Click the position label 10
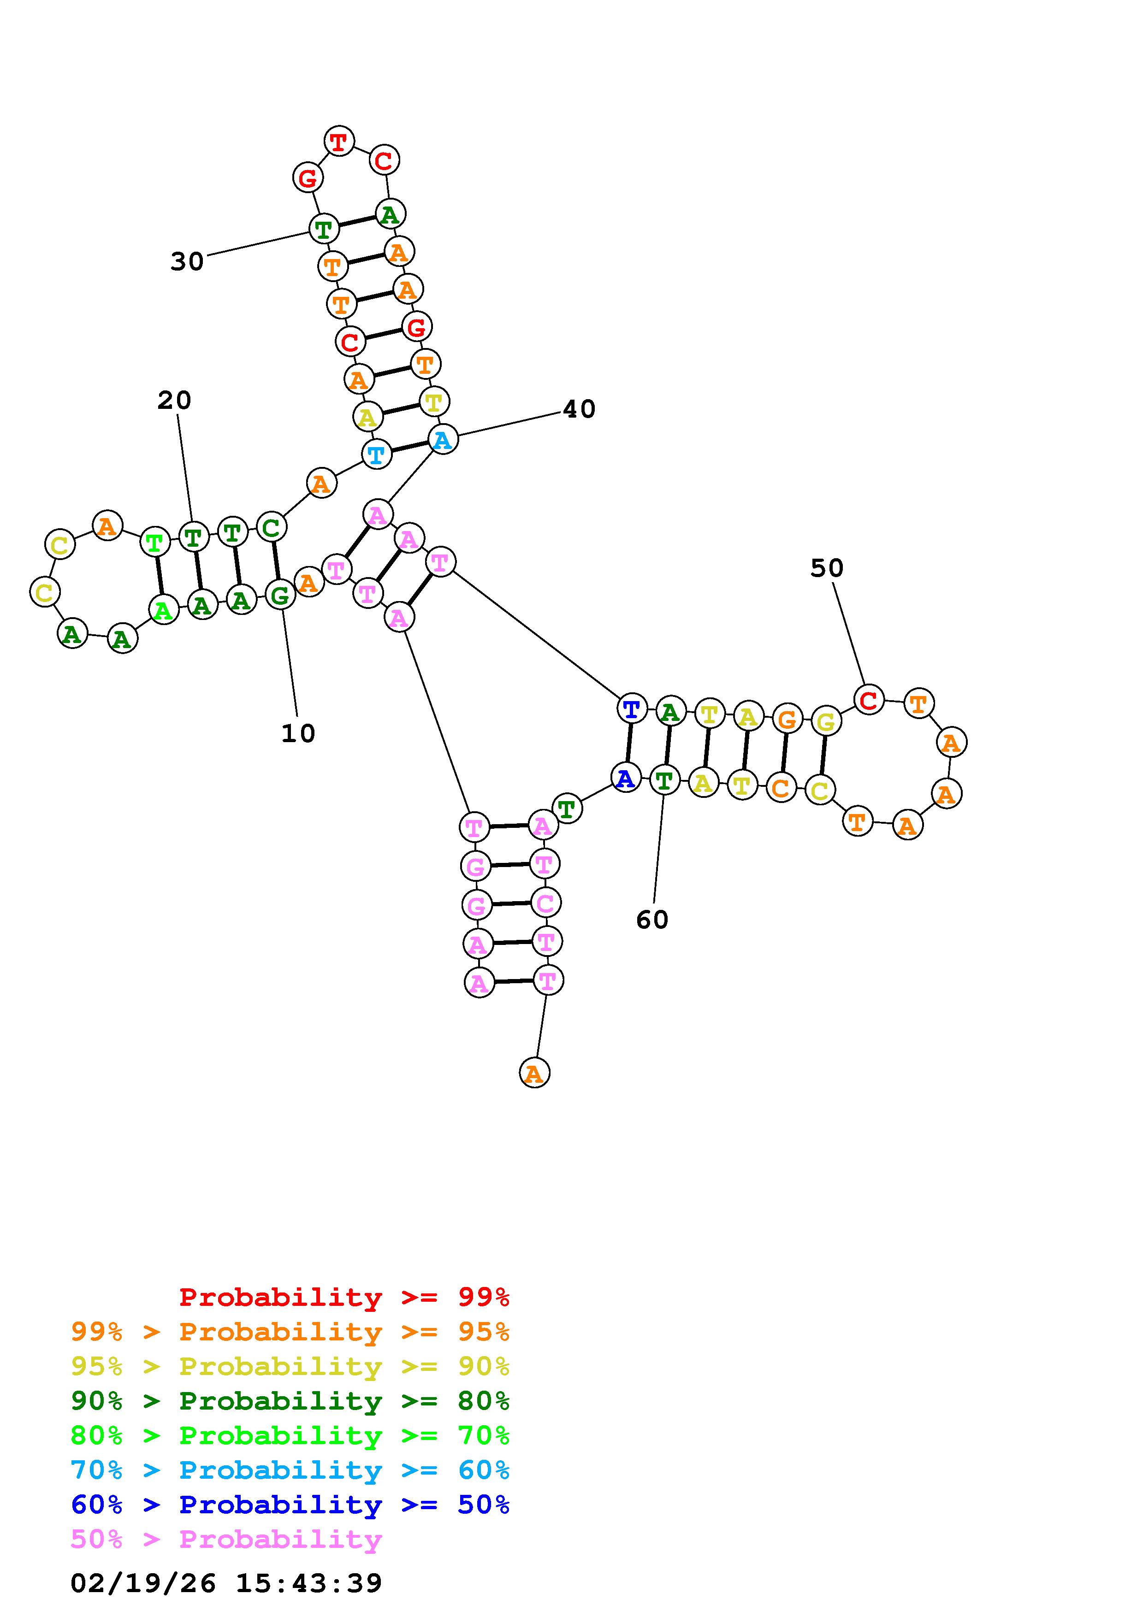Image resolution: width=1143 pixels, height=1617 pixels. click(x=298, y=733)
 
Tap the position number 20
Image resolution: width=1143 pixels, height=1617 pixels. click(x=174, y=400)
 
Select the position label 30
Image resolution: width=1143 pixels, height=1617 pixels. click(x=187, y=261)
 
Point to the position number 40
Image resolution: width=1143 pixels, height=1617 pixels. click(x=579, y=408)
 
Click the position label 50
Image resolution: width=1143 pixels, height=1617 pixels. click(x=827, y=567)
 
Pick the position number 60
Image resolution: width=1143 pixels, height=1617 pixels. click(x=652, y=919)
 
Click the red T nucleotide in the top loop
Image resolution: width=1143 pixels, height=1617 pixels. click(x=339, y=142)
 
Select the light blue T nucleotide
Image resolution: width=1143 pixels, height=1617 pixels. click(x=377, y=454)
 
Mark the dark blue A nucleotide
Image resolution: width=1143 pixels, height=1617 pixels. click(x=625, y=778)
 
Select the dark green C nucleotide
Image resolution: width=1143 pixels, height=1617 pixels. click(x=271, y=527)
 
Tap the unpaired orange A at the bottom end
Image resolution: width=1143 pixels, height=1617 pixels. click(x=534, y=1073)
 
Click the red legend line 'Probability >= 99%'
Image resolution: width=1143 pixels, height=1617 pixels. click(x=344, y=1297)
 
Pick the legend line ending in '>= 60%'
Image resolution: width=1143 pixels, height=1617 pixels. click(x=290, y=1470)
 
